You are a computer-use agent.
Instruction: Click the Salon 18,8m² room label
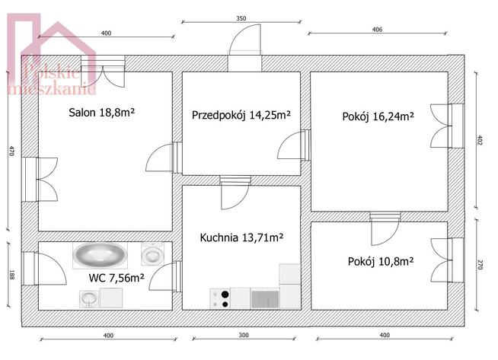pos(101,113)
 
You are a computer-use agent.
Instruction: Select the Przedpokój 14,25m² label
pos(241,115)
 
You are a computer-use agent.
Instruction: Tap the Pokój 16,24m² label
pos(378,116)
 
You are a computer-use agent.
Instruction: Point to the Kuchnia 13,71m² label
pos(241,237)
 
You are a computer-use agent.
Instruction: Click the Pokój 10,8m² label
pos(381,262)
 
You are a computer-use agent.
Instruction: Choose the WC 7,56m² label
pos(117,278)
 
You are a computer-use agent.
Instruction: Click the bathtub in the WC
pos(100,256)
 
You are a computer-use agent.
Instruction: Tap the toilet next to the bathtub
pos(153,253)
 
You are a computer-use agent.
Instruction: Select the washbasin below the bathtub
pos(89,299)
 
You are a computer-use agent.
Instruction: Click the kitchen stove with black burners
pos(220,298)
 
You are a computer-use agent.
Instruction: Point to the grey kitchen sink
pos(265,299)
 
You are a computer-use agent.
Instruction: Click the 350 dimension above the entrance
pos(241,18)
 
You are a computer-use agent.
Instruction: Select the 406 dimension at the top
pos(377,30)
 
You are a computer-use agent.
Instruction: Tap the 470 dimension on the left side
pos(11,151)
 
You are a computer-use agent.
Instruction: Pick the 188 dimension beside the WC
pos(11,275)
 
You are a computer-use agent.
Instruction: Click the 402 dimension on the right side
pos(480,140)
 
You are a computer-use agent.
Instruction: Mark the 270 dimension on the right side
pos(480,265)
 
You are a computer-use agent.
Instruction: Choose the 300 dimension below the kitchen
pos(244,335)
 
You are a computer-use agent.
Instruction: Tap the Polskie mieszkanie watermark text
pos(52,81)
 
